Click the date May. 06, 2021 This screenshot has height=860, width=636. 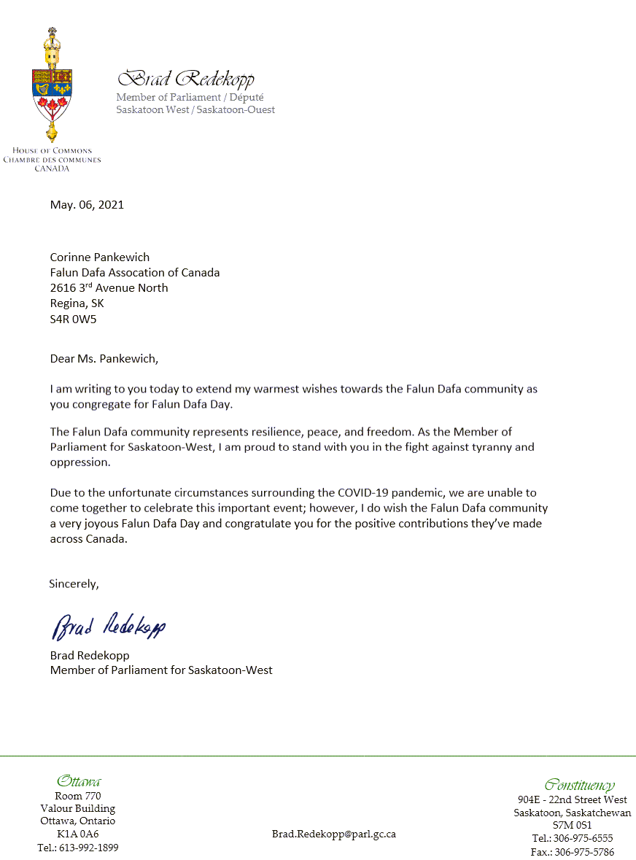coord(87,205)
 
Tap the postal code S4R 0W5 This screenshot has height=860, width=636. coord(73,319)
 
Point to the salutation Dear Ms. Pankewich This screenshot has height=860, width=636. coord(104,359)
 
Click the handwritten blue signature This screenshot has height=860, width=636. coord(109,624)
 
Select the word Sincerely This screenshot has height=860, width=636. coord(73,584)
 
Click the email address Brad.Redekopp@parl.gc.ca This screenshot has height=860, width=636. coord(334,834)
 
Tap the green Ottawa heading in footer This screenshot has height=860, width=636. coord(78,781)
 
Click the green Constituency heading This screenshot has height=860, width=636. coord(579,785)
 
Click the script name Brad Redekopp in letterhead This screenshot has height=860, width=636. coord(186,79)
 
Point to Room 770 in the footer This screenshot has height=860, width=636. coord(78,796)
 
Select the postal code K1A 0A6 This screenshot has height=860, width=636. coord(77,834)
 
